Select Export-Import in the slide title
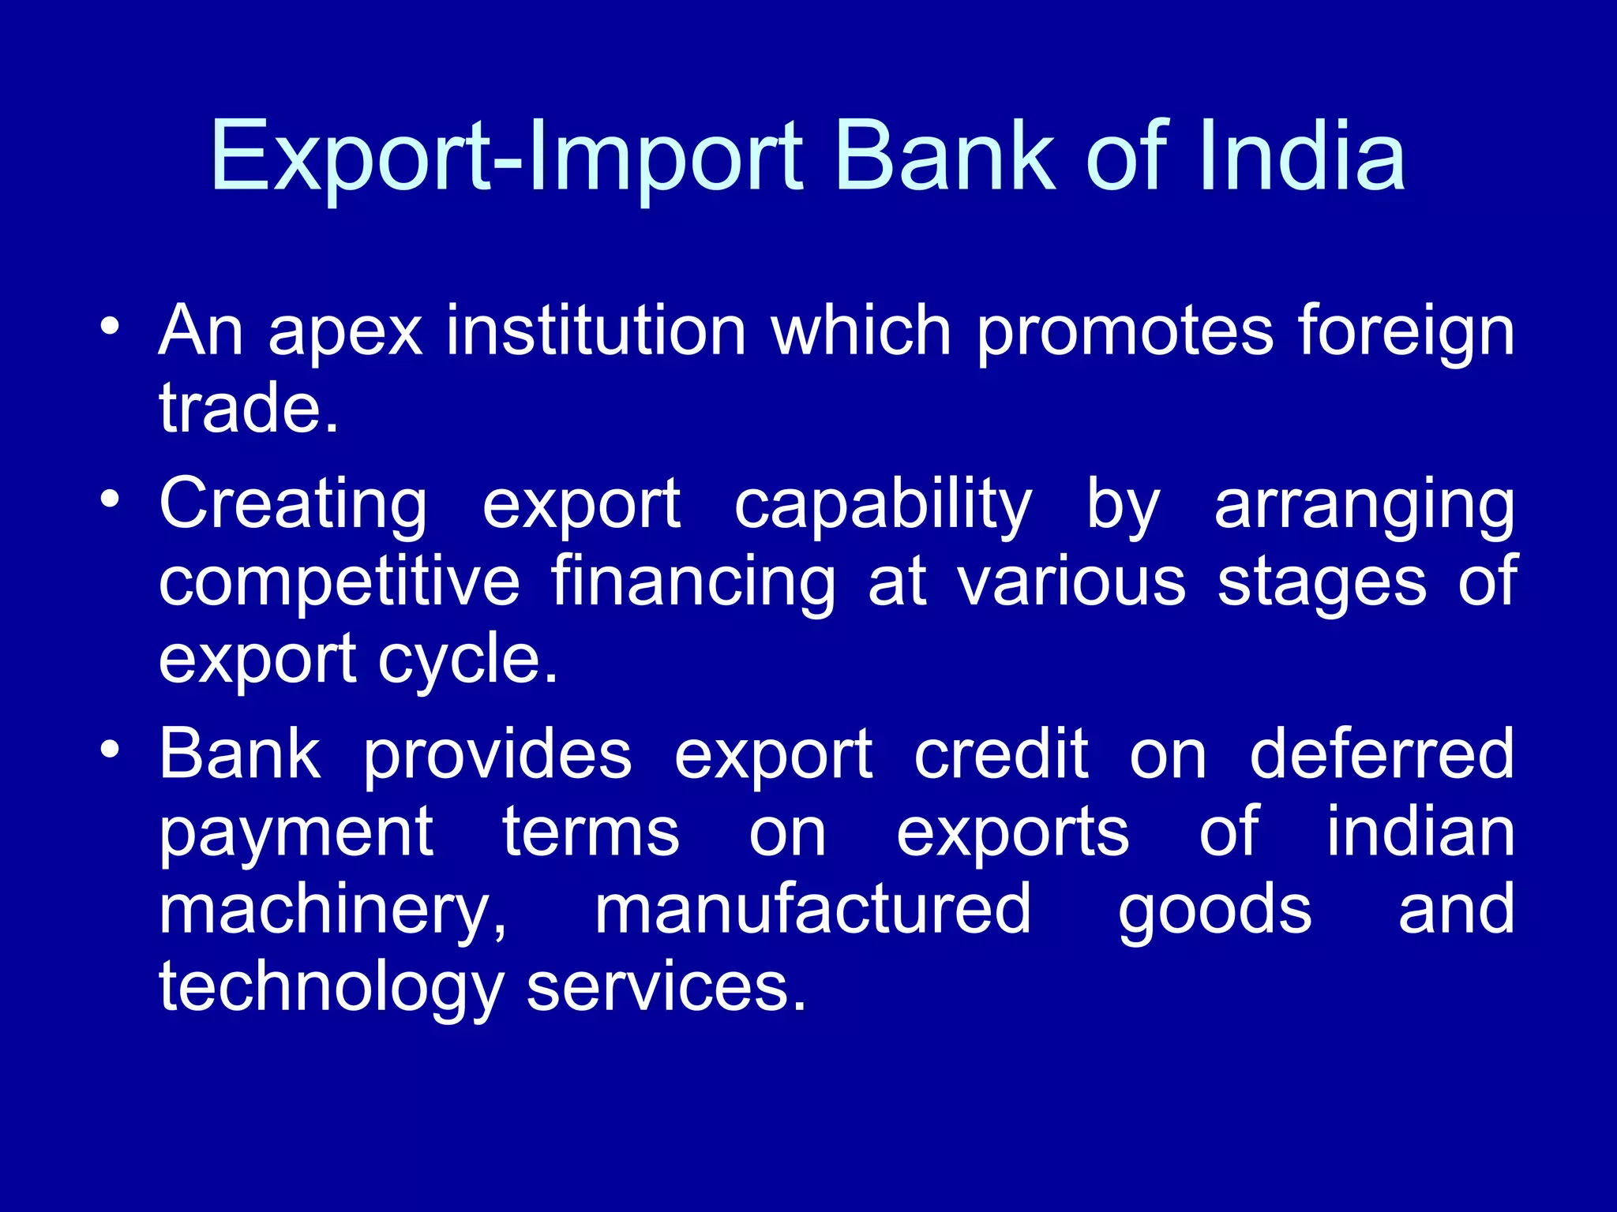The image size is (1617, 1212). click(x=506, y=158)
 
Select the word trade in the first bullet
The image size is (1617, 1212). click(x=241, y=408)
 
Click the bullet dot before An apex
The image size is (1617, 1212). click(x=111, y=325)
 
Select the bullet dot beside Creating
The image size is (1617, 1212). click(x=111, y=499)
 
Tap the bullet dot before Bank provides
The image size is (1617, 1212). click(x=111, y=749)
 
